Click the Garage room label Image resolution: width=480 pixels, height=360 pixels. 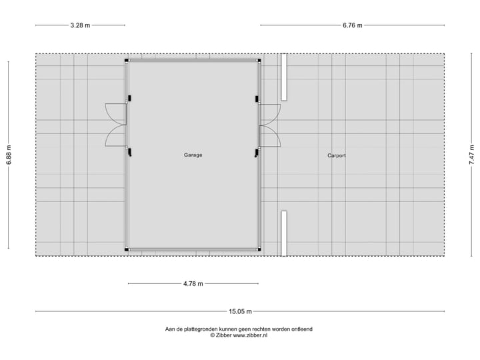193,155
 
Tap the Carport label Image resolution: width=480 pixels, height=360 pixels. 336,155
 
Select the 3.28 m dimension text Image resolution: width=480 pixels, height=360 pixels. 80,25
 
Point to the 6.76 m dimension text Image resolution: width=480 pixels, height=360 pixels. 352,25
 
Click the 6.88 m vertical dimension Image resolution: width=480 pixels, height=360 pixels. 9,155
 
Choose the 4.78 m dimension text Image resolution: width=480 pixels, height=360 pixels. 193,283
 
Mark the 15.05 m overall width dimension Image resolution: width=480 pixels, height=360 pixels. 240,311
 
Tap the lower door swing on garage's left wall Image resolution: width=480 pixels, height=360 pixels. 116,136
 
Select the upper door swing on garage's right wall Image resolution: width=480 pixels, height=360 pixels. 269,114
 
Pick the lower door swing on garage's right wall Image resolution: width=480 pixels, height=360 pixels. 269,136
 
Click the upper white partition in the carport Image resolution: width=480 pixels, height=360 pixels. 283,77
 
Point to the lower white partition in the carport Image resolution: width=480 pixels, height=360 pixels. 283,233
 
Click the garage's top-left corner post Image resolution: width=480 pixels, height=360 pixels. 127,60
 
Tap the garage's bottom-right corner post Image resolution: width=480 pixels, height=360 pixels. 259,249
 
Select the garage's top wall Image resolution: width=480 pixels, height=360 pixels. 193,61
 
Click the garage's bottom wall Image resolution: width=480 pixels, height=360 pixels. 193,249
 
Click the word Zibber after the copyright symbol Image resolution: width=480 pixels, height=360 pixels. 225,335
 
